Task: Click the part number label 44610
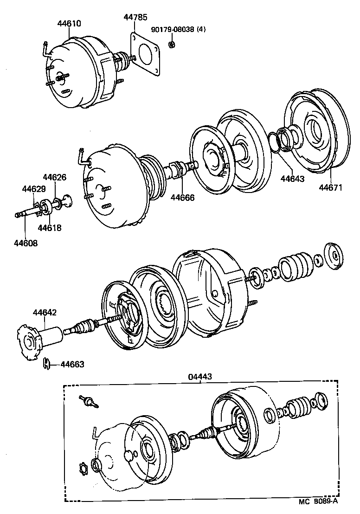tap(69, 23)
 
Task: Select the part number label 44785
tap(135, 17)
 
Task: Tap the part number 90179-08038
tap(173, 30)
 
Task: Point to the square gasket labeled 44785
tap(146, 53)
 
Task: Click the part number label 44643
tap(293, 178)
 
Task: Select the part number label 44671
tap(330, 187)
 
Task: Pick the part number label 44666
tap(182, 197)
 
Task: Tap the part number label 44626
tap(55, 177)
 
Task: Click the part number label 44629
tap(34, 189)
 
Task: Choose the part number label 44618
tap(49, 228)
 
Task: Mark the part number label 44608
tap(26, 243)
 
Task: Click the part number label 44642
tap(45, 313)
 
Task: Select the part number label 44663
tap(72, 364)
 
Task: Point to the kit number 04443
tap(200, 377)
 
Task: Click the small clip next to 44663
tap(47, 363)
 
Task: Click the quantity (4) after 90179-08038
tap(201, 30)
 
